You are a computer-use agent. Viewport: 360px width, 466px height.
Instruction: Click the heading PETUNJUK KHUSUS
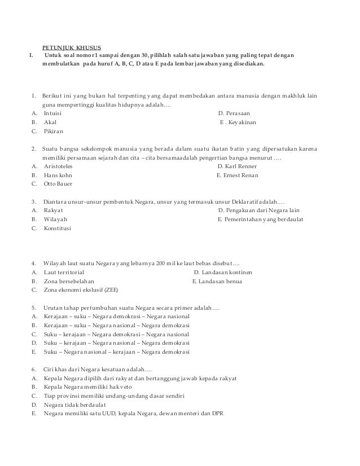tap(71, 47)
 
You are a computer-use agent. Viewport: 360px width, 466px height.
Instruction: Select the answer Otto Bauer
tap(58, 184)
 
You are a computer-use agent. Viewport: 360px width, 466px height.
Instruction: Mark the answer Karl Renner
tap(236, 166)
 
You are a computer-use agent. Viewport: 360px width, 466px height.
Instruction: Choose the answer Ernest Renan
tap(238, 175)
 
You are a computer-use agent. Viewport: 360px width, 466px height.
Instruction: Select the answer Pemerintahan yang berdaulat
tap(260, 219)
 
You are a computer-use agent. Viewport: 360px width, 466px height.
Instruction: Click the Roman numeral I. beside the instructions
tap(31, 55)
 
